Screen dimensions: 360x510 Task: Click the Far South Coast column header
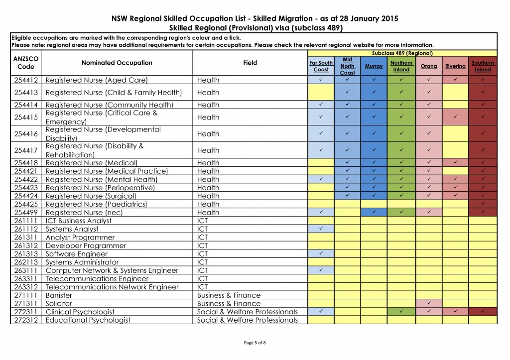321,66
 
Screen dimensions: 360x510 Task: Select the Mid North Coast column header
347,66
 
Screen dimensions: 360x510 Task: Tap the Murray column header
374,66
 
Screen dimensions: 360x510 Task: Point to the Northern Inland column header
401,66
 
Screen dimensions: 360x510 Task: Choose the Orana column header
429,66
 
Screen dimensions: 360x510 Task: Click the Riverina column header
455,66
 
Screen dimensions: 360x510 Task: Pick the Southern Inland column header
483,66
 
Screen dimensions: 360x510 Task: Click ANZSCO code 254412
26,80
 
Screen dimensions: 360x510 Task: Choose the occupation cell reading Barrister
59,295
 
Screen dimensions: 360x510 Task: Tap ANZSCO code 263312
26,287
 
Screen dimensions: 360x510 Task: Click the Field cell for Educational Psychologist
248,320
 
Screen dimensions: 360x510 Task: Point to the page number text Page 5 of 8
255,343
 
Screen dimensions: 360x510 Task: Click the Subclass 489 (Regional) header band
402,53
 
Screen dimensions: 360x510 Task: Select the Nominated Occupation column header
117,63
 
